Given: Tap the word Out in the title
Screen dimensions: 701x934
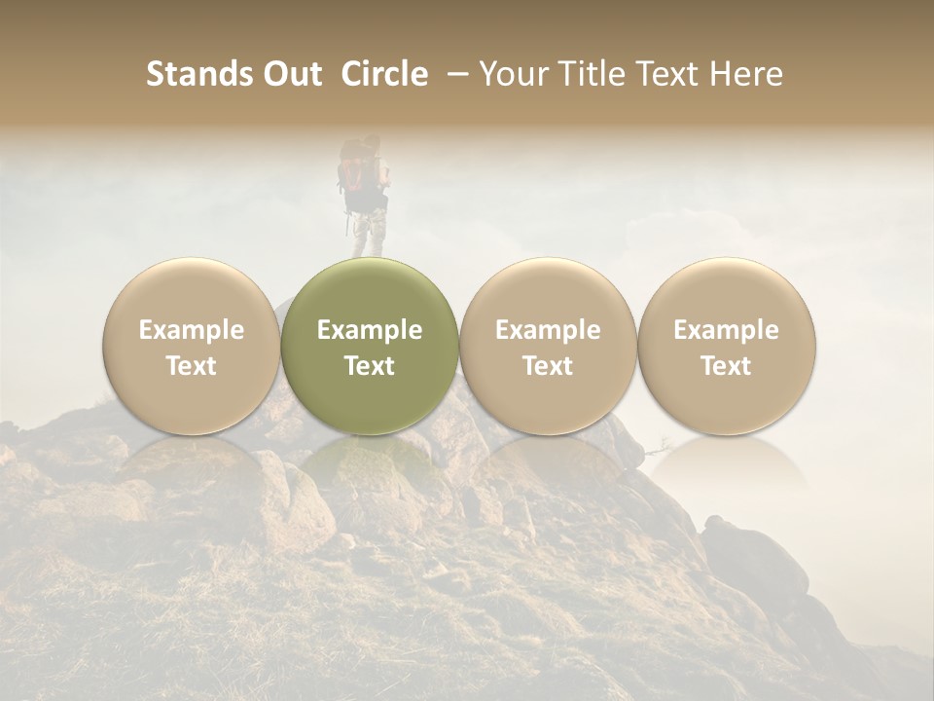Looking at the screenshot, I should [289, 74].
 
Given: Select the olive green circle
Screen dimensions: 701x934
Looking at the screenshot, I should [370, 347].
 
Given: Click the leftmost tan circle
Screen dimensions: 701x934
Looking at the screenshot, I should [192, 347].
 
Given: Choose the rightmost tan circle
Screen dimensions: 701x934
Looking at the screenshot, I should [726, 347].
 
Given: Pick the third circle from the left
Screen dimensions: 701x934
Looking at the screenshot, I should [548, 347].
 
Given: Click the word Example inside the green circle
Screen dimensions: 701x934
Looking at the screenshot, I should [370, 330].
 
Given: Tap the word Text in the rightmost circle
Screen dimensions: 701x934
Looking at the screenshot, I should [726, 366].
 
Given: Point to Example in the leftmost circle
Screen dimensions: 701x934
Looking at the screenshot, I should [192, 330].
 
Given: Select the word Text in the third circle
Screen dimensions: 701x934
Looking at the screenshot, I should [548, 366].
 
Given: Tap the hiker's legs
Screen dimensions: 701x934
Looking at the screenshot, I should [367, 235].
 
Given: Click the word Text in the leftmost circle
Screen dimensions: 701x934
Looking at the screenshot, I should [192, 366].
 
